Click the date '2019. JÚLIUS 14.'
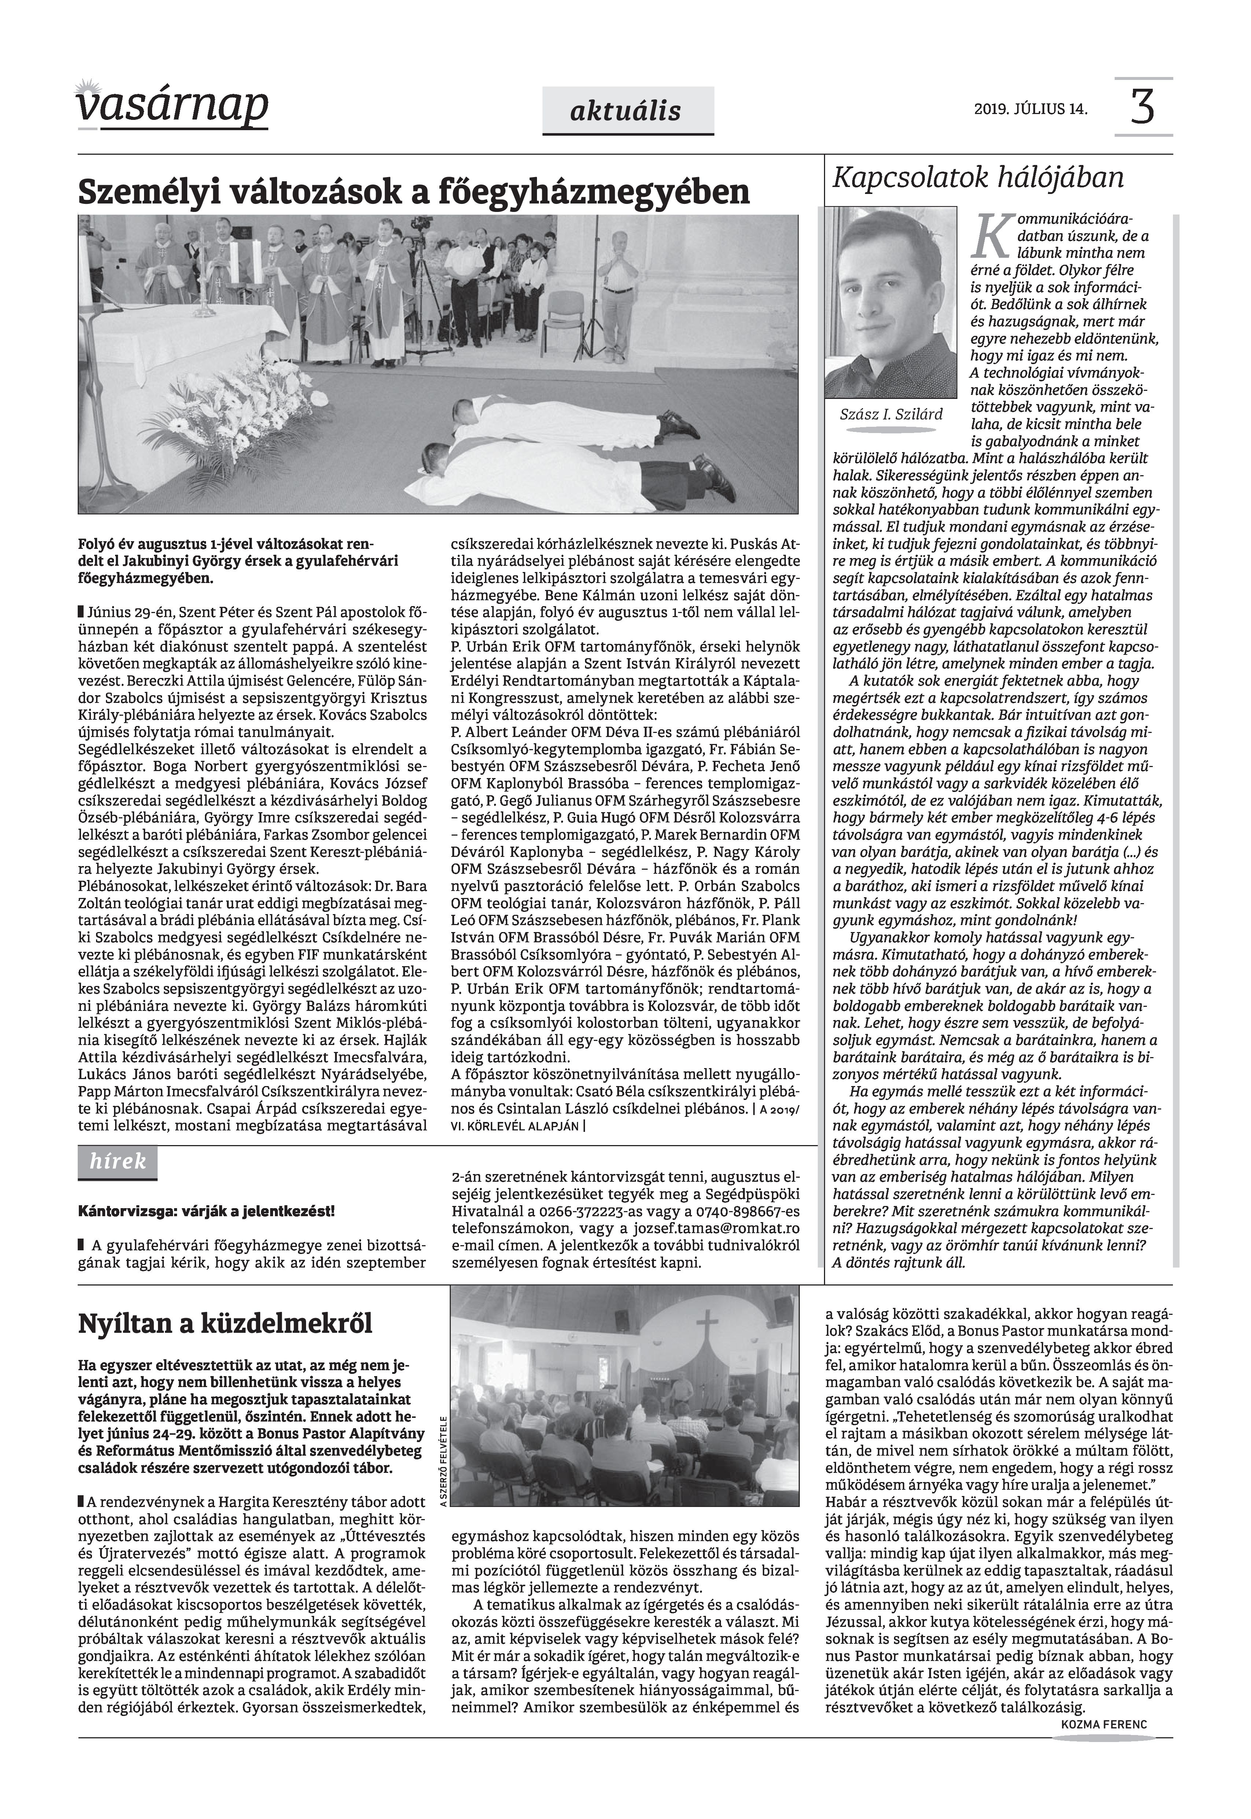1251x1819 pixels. [1031, 109]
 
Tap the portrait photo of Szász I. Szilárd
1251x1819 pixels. [890, 302]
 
